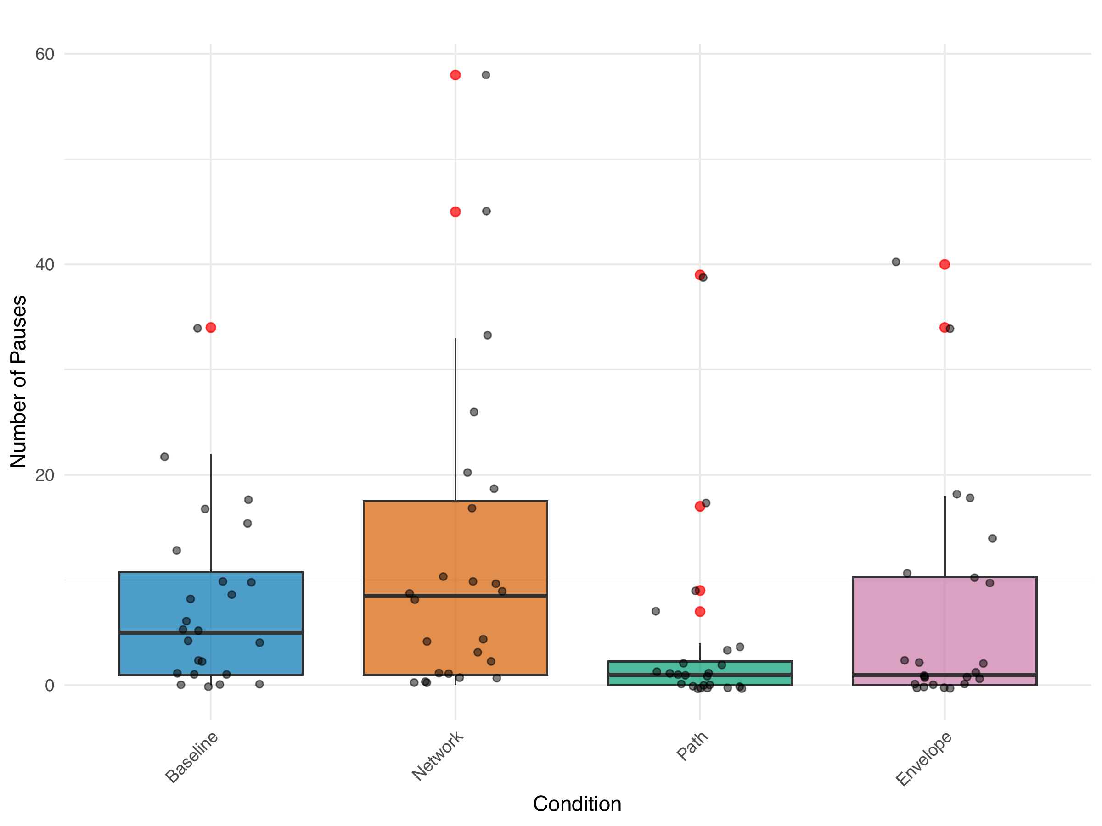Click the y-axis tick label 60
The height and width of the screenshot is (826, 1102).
point(45,54)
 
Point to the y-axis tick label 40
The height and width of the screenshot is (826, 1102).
point(45,264)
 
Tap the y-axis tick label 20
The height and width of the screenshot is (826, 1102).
point(45,475)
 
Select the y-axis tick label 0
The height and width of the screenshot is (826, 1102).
point(49,686)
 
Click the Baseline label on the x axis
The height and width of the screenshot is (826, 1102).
point(192,757)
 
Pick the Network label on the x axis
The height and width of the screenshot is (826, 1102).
point(438,756)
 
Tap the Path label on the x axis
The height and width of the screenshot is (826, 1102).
point(692,745)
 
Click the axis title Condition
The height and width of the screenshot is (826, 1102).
point(577,804)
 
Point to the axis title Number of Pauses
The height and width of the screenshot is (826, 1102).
point(18,381)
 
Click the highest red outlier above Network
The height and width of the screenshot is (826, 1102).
point(455,75)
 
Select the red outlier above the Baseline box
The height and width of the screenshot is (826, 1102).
point(211,328)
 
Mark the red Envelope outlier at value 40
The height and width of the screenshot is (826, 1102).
point(945,264)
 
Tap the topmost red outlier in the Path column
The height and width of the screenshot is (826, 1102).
point(700,275)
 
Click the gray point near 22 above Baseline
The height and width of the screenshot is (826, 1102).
point(164,457)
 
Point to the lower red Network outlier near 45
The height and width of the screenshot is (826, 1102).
point(455,212)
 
